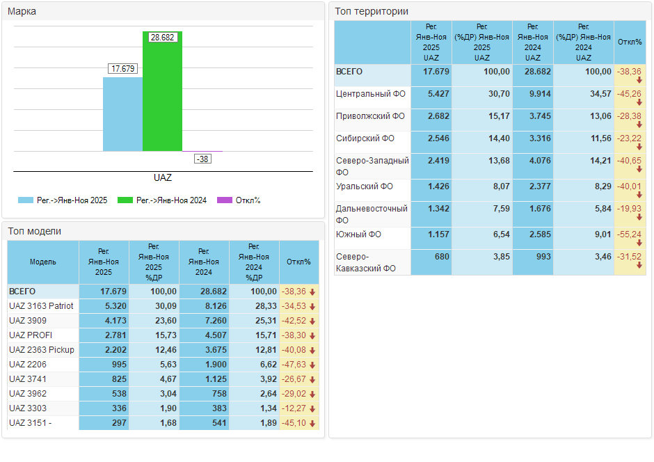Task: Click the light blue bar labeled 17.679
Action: click(122, 114)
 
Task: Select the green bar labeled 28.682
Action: click(162, 94)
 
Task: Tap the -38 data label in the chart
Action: click(202, 159)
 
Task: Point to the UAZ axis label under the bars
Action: click(162, 178)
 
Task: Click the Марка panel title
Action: click(22, 11)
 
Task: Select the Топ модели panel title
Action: click(35, 231)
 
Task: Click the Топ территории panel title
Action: click(372, 11)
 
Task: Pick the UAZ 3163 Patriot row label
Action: click(41, 306)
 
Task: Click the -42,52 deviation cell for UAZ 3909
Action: click(298, 321)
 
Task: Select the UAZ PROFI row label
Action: click(31, 335)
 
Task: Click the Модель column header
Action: click(43, 262)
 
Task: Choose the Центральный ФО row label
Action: click(370, 93)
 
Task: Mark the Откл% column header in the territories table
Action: click(630, 42)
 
